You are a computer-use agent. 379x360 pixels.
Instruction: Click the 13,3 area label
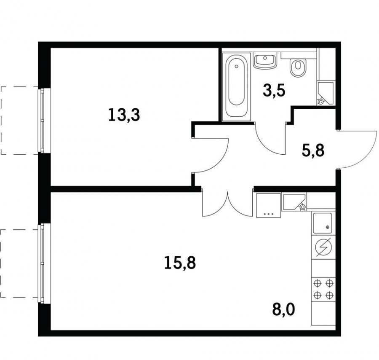(x=124, y=115)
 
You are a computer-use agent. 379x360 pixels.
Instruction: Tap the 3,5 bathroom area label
(x=274, y=91)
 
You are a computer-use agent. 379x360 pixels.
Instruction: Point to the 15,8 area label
(x=180, y=263)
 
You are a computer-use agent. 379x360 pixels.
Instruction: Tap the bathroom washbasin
(x=265, y=60)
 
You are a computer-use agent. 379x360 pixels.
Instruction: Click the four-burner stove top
(x=323, y=289)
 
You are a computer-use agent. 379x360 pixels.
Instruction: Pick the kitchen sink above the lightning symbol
(x=323, y=223)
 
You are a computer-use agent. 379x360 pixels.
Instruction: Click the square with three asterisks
(x=269, y=205)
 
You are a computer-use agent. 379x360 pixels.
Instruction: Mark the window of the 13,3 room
(x=42, y=120)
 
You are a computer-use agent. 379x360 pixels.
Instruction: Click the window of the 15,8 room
(x=42, y=263)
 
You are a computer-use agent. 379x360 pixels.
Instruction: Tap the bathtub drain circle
(x=236, y=66)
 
